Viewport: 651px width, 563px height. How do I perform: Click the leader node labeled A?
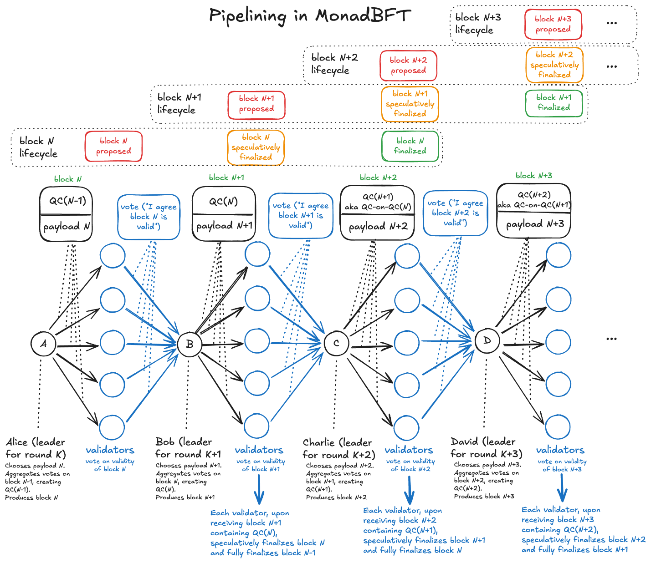pos(43,344)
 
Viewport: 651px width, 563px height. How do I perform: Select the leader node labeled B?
pos(190,344)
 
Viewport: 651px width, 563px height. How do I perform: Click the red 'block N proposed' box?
pos(113,146)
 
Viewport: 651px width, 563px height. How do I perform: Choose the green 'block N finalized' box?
pos(410,146)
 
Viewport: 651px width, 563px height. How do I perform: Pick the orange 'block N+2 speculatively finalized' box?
pos(554,65)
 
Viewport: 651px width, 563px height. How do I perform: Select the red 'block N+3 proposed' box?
pos(553,24)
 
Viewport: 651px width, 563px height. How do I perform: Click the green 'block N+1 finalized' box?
pos(554,103)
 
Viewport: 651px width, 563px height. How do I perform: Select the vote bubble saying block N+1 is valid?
pos(301,215)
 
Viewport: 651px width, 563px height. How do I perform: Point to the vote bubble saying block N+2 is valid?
pos(455,213)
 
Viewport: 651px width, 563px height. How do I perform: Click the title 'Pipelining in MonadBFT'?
pos(310,16)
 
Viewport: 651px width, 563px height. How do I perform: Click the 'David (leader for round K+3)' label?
pos(486,447)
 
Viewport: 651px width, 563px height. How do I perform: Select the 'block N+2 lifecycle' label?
pos(335,64)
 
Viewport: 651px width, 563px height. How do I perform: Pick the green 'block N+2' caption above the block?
pos(378,178)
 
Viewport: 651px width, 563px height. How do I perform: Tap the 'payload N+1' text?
pos(224,226)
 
